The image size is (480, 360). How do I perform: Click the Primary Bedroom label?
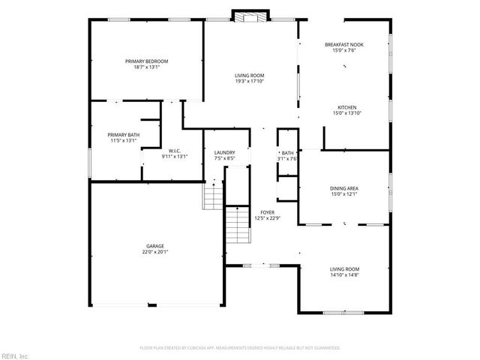coord(146,61)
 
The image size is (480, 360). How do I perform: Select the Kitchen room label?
coord(346,107)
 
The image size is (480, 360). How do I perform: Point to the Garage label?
coord(155,246)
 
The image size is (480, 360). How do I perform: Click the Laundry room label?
coord(225,152)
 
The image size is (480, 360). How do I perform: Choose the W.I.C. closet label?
coord(174,151)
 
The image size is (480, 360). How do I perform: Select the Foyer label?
coord(267,212)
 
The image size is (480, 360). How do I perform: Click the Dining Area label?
coord(343,188)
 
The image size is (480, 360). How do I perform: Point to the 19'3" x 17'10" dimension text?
coord(250,81)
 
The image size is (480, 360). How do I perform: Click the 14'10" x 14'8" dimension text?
coord(346,274)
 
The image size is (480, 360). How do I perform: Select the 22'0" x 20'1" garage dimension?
coord(155,252)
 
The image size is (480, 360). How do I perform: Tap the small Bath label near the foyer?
coord(288,152)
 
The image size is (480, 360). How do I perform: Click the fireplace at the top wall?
coord(250,16)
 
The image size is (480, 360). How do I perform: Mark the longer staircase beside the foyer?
coord(238,224)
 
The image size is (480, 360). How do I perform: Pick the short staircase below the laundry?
coord(214,196)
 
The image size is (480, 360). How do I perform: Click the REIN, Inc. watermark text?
coord(14,355)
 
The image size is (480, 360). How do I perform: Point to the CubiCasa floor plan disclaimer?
coord(240,348)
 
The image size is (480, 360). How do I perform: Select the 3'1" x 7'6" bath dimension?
coord(288,158)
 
